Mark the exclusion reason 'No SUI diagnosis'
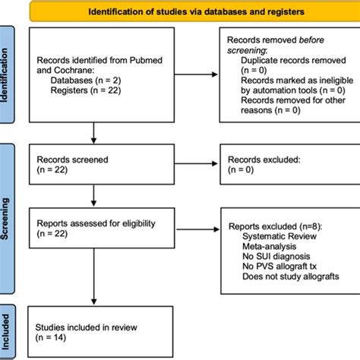(x=273, y=258)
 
